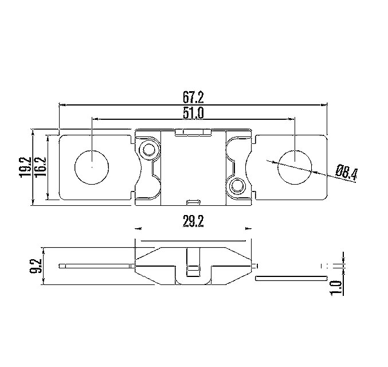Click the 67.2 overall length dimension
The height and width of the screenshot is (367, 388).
click(194, 96)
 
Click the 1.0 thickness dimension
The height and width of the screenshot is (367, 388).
click(336, 284)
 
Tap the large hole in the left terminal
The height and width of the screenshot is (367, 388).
click(92, 167)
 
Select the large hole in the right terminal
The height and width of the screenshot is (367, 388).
click(295, 167)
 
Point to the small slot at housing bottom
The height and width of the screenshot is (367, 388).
click(194, 201)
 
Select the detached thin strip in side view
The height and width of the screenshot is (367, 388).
click(290, 279)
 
